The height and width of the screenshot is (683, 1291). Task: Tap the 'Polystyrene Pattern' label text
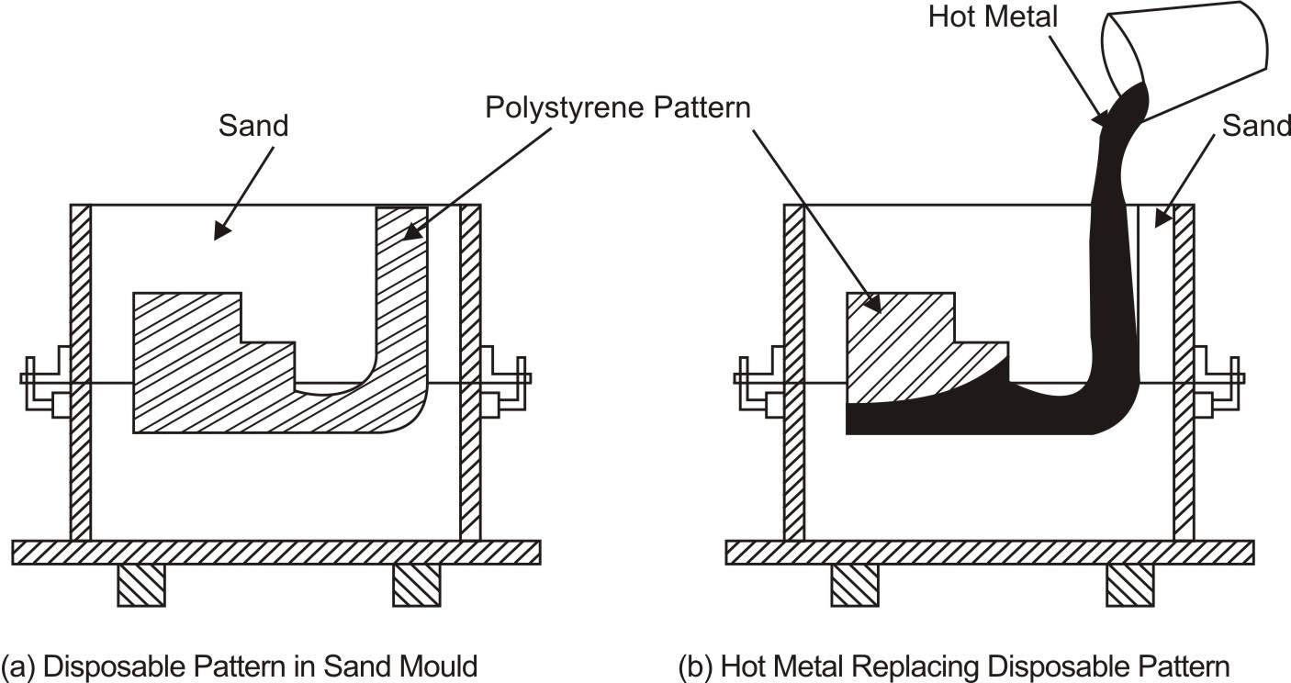(x=618, y=108)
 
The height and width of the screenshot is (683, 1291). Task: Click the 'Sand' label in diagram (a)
(x=253, y=126)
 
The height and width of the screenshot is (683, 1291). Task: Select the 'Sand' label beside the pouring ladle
(x=1255, y=126)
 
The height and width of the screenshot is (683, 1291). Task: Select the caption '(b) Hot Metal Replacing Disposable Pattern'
(x=953, y=666)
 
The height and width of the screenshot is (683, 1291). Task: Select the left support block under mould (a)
(x=141, y=585)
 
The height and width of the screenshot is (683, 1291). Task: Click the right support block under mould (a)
(x=416, y=585)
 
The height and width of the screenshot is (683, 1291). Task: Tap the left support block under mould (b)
(x=855, y=585)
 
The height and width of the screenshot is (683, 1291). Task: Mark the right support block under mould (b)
(x=1129, y=585)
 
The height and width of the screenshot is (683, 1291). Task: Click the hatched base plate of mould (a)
(x=275, y=552)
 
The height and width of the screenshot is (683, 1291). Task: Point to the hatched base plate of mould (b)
(x=990, y=552)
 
